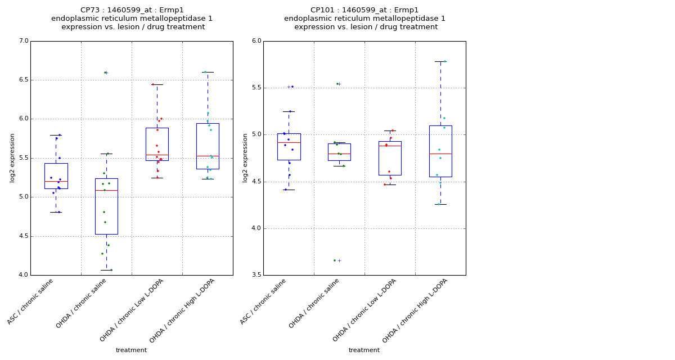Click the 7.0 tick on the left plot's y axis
[23, 41]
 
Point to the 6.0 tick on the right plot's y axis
[256, 41]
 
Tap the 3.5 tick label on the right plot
[256, 275]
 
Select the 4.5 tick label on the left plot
[23, 236]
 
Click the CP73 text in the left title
[92, 10]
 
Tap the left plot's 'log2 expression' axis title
[12, 157]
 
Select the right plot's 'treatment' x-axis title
[364, 350]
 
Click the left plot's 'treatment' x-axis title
[131, 350]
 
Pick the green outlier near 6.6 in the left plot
[105, 73]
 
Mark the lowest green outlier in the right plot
[334, 260]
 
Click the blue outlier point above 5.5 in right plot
[292, 87]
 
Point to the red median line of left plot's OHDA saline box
[106, 191]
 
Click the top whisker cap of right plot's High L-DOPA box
[440, 61]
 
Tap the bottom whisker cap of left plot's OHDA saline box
[106, 270]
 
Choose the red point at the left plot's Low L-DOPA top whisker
[152, 84]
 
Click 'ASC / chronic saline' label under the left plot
[30, 301]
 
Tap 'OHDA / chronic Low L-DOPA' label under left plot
[132, 310]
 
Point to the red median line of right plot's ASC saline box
[289, 143]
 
